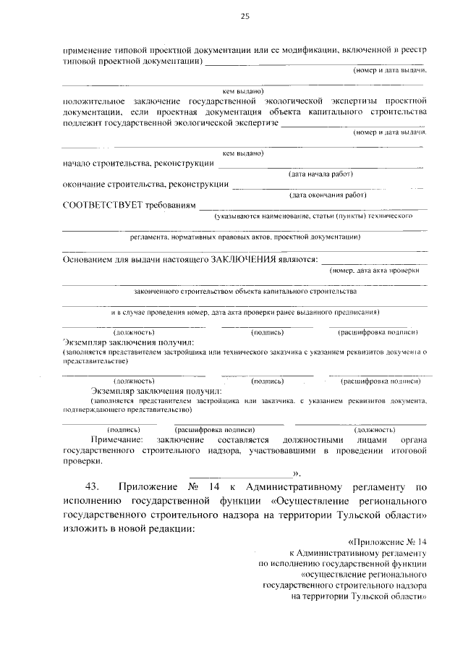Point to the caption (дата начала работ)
[320, 174]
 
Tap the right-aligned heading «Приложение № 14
[388, 541]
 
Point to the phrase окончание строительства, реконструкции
[146, 185]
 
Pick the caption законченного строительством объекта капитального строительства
[245, 292]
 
